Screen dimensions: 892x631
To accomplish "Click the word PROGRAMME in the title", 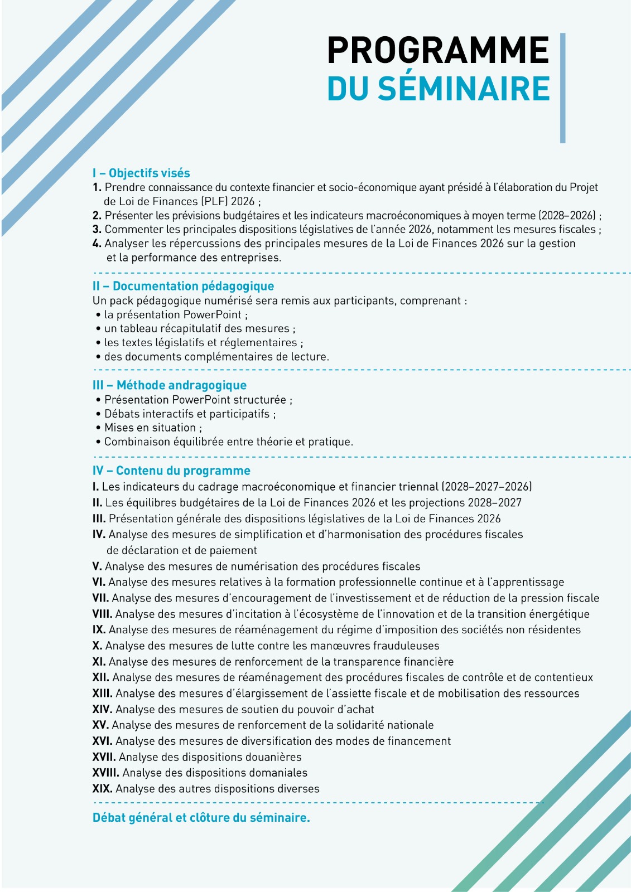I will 438,51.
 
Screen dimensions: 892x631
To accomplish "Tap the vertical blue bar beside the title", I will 562,88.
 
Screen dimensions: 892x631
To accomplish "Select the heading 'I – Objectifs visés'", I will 141,173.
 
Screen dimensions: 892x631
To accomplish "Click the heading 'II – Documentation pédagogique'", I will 183,286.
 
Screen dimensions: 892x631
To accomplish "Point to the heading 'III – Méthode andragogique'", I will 169,385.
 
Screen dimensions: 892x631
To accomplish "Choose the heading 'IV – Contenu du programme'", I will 171,471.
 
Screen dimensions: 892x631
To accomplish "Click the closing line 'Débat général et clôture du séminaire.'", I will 201,818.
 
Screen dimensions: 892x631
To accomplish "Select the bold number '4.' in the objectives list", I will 97,243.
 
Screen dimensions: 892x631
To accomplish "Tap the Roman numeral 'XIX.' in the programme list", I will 102,788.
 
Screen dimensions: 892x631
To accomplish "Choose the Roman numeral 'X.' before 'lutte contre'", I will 97,646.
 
